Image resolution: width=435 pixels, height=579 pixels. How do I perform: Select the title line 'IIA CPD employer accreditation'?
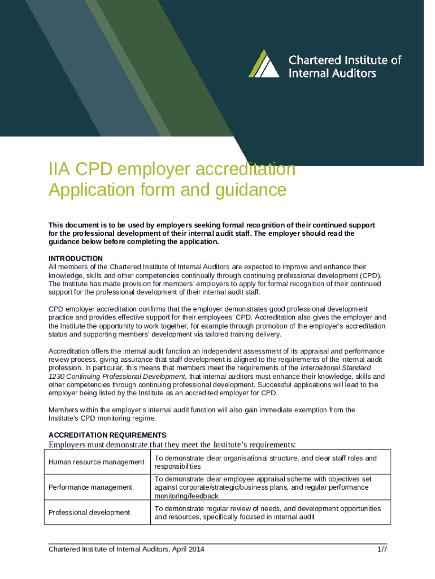[x=172, y=169]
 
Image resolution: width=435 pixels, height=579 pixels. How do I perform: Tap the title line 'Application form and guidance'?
[x=167, y=189]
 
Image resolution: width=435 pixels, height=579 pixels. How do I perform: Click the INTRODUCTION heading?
[x=76, y=258]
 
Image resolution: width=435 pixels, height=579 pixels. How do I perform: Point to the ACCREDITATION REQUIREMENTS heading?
[x=107, y=435]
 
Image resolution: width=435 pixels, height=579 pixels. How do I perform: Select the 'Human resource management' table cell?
[x=97, y=462]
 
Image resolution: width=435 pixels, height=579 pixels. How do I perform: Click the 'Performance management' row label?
[x=90, y=487]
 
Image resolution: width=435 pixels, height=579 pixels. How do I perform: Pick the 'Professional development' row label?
[x=89, y=512]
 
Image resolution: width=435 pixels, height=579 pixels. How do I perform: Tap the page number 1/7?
[x=382, y=549]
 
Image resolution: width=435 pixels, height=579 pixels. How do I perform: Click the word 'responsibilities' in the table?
[x=177, y=466]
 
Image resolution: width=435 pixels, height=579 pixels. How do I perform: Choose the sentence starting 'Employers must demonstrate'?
[x=172, y=444]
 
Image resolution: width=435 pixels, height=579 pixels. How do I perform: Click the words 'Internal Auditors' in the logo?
[x=332, y=73]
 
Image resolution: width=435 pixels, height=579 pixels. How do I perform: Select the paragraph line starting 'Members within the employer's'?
[x=202, y=410]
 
